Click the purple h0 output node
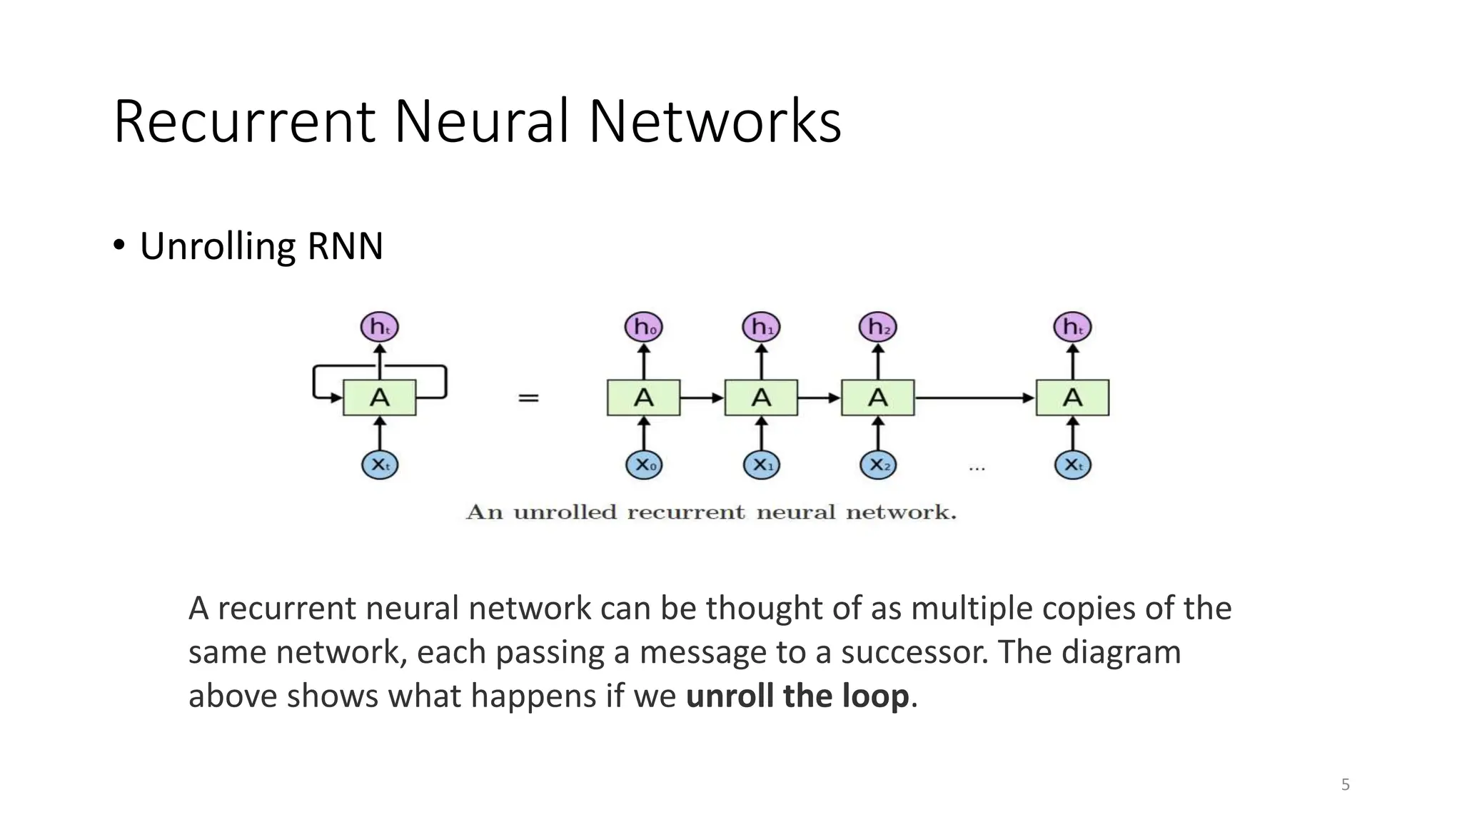pos(643,328)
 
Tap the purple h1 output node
pos(761,328)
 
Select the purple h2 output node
pos(877,328)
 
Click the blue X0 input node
pos(643,465)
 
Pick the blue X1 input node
pos(761,465)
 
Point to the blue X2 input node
pos(877,465)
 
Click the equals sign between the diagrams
pos(528,398)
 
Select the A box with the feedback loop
pos(379,397)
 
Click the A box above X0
pos(643,397)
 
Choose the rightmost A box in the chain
pos(1072,397)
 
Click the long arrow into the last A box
pos(974,397)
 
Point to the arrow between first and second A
pos(702,397)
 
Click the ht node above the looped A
pos(379,328)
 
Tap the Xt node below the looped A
pos(379,465)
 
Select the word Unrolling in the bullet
pos(218,246)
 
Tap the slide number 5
pos(1345,785)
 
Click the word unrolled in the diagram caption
pos(565,512)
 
